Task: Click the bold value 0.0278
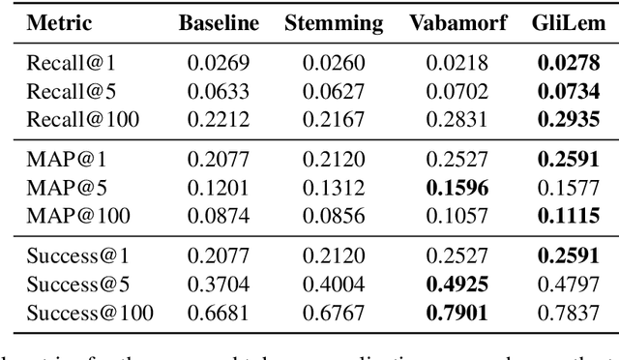(564, 63)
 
